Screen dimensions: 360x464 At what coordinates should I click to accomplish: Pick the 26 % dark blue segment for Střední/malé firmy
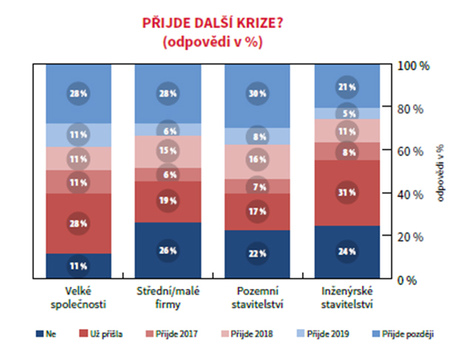tap(168, 250)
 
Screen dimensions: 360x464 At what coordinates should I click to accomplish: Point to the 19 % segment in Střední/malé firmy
tap(168, 201)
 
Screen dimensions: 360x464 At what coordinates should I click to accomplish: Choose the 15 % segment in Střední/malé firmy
tap(168, 151)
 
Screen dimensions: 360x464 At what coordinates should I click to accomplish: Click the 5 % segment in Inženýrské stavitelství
tap(348, 113)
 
